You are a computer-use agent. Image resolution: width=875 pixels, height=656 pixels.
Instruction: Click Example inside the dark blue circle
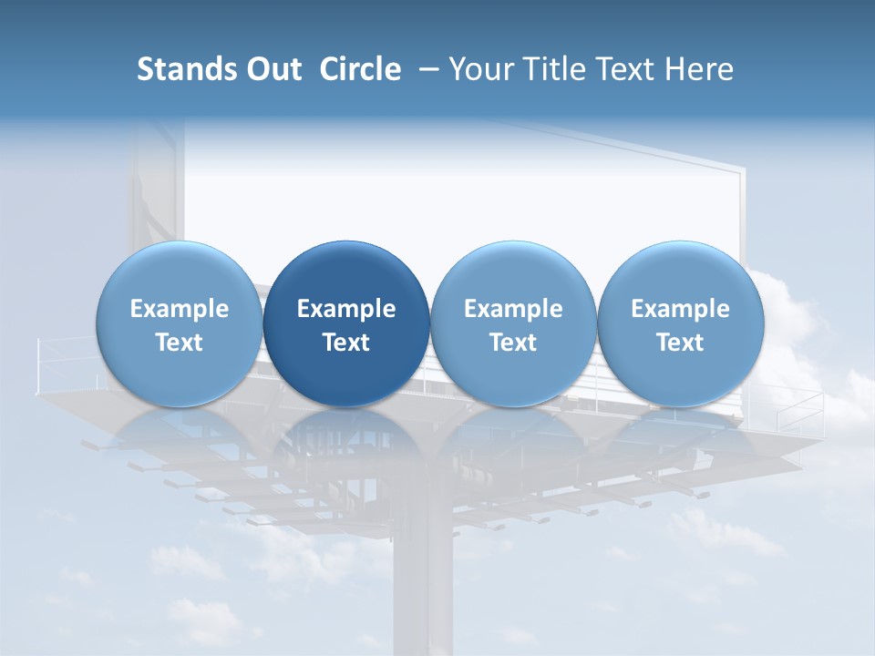(346, 309)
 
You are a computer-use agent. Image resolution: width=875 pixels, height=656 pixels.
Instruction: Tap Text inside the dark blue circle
(346, 343)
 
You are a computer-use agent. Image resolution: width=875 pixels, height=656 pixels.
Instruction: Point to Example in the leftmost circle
(179, 309)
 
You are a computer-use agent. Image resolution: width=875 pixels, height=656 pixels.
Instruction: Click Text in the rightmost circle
(681, 343)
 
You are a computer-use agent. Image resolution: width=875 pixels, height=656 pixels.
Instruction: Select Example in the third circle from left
(513, 309)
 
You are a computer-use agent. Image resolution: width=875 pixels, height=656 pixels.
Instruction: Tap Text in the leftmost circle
(179, 343)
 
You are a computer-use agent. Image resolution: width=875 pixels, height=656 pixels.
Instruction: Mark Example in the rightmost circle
(681, 309)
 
